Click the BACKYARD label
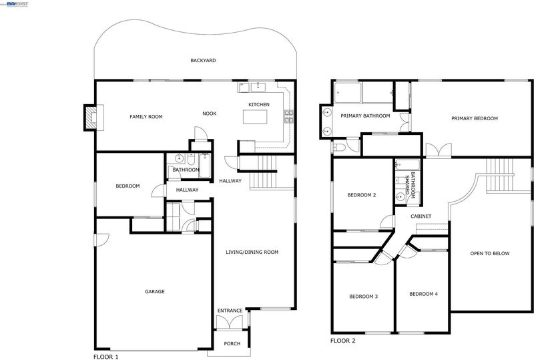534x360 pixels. point(203,60)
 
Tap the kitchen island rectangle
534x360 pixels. point(255,117)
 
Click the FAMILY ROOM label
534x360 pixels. point(146,117)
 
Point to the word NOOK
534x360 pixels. point(210,114)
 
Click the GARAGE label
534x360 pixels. point(155,291)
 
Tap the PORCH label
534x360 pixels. point(232,343)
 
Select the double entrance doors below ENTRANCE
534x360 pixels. point(230,322)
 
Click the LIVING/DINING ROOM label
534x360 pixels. point(252,252)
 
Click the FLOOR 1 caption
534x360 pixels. point(106,357)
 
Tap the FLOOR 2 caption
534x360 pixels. point(343,341)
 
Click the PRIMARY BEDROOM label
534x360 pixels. point(475,119)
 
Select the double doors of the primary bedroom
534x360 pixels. point(439,150)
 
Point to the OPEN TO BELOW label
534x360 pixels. point(490,253)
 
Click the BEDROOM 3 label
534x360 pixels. point(363,297)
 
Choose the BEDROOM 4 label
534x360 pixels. point(424,294)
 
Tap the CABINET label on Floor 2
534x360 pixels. point(421,216)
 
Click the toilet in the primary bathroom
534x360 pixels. point(339,148)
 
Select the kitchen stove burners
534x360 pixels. point(289,116)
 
